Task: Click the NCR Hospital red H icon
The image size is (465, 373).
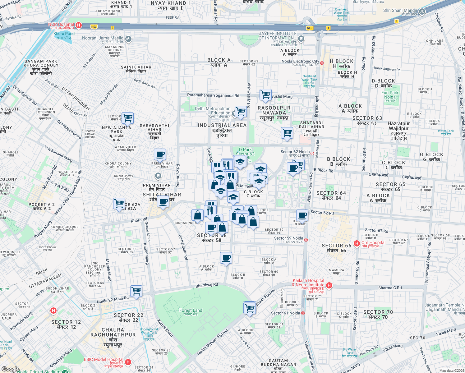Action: (x=79, y=25)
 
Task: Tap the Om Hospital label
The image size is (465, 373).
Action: (x=373, y=242)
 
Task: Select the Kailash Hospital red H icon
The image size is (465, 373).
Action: (x=329, y=285)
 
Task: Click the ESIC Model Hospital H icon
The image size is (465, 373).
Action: (x=128, y=362)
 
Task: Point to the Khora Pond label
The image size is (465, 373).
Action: (x=64, y=34)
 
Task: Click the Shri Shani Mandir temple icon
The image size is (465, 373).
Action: (x=422, y=12)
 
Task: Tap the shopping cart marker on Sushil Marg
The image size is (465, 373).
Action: (x=265, y=94)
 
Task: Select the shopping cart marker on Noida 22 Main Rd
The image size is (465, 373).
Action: (x=136, y=291)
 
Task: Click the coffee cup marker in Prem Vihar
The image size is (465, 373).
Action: (x=160, y=154)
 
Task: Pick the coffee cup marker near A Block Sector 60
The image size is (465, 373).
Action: (x=226, y=258)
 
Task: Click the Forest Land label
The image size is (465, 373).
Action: (x=191, y=310)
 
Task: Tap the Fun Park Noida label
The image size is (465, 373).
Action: (x=390, y=94)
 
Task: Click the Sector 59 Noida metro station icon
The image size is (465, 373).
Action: (x=306, y=240)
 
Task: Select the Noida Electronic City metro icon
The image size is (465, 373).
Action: (x=322, y=63)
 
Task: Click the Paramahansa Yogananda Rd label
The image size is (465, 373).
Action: (x=213, y=95)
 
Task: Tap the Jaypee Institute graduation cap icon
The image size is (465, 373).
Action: (x=301, y=39)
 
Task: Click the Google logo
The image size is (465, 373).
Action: (x=10, y=369)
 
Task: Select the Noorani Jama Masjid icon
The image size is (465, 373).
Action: (x=128, y=39)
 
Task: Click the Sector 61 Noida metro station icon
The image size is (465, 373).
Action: (x=303, y=313)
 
